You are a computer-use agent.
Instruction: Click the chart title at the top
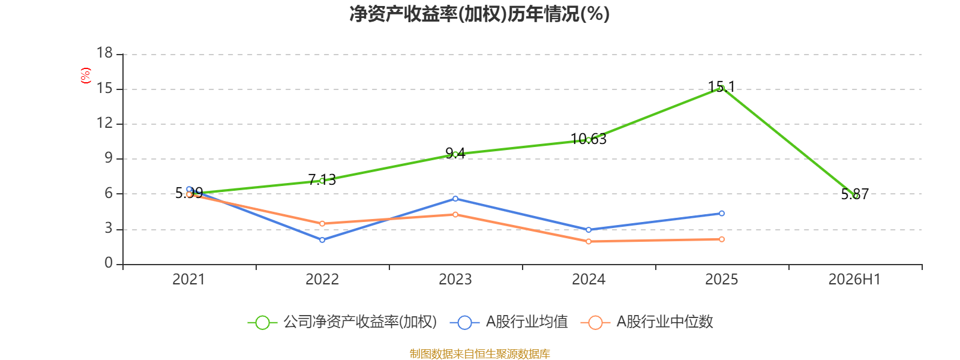(x=479, y=14)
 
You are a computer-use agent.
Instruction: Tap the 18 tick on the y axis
(x=104, y=53)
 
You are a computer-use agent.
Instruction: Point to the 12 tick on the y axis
(x=104, y=124)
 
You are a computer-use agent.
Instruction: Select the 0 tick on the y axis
(x=109, y=263)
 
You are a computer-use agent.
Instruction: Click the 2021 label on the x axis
(x=188, y=280)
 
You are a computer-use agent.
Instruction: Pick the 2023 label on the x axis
(x=455, y=280)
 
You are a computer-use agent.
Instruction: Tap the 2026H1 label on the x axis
(x=854, y=280)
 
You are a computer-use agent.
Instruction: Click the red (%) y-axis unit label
(x=86, y=76)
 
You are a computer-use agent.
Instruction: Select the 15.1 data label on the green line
(x=721, y=87)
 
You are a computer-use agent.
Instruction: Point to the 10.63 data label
(x=589, y=139)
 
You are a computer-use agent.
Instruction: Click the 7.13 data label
(x=322, y=179)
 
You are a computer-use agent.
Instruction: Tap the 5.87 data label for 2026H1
(x=854, y=194)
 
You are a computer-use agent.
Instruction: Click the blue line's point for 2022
(x=322, y=240)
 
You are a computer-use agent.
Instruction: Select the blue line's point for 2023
(x=455, y=199)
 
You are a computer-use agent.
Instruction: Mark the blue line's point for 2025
(x=722, y=214)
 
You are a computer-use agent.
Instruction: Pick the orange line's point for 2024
(x=589, y=242)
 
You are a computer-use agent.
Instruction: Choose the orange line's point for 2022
(x=322, y=224)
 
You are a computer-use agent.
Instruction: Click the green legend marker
(x=262, y=322)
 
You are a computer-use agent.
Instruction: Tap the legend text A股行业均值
(x=527, y=322)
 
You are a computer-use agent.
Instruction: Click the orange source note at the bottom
(x=479, y=353)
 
